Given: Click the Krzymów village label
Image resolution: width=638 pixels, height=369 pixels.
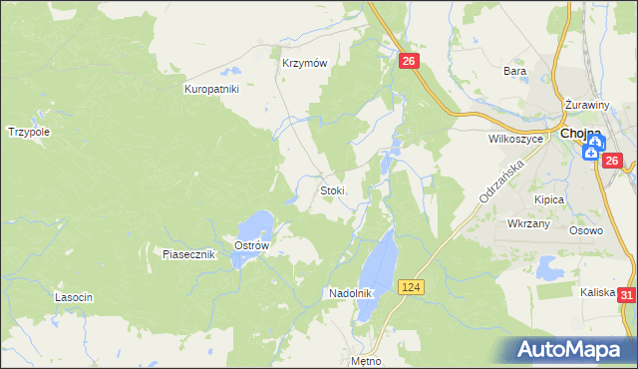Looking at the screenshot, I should pos(305,62).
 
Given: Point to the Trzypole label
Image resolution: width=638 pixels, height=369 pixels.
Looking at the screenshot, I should pos(29,131).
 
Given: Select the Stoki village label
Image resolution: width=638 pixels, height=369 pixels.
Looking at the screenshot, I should pos(332,190).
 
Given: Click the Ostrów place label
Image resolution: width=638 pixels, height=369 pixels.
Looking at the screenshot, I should pos(250,245).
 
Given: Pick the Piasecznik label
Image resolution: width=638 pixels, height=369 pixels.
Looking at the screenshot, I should pos(189,254).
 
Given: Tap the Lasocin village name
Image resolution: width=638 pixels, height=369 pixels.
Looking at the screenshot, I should pos(75,298).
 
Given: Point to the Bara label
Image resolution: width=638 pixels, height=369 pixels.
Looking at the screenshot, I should pos(514,71).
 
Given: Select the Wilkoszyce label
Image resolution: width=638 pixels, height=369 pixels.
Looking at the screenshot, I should pos(515,140).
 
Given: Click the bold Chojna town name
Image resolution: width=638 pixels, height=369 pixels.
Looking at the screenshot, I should pos(580,133).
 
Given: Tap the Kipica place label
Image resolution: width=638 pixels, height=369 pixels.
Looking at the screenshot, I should pos(549,199).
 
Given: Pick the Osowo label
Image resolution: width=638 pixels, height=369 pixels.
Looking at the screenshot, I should pos(587,230).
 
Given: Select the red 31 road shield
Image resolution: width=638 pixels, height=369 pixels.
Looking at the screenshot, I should pos(626,295).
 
